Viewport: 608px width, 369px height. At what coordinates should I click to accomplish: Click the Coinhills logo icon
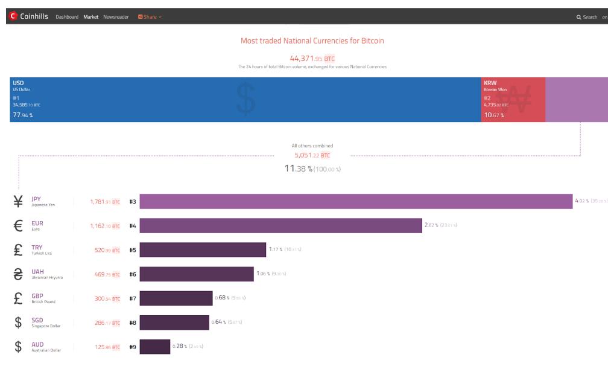[13, 16]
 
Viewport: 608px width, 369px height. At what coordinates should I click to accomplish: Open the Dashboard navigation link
[67, 17]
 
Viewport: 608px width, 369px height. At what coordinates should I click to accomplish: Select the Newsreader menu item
[116, 17]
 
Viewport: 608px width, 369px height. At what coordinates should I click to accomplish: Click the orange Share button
[150, 17]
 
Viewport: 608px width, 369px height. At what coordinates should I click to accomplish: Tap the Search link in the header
[586, 17]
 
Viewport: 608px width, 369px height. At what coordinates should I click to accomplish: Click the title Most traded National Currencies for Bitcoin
[312, 41]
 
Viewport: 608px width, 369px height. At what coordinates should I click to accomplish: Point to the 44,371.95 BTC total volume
[312, 59]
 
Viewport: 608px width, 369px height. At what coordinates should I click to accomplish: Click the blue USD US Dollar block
[245, 100]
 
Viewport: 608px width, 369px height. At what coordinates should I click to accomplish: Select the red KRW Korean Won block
[513, 100]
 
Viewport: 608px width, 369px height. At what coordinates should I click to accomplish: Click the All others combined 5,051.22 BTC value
[312, 155]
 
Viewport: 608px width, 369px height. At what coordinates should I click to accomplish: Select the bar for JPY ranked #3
[356, 202]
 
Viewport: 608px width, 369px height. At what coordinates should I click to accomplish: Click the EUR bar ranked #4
[280, 226]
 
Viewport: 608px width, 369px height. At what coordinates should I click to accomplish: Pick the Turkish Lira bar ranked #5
[203, 250]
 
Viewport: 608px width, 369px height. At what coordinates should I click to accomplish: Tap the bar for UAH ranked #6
[197, 274]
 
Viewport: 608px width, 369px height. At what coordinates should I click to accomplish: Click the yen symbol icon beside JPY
[18, 202]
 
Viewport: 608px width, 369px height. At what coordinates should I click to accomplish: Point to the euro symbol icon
[18, 226]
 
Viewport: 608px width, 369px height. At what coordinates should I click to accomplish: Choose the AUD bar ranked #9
[155, 347]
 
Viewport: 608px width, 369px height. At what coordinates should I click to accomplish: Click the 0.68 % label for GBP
[222, 298]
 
